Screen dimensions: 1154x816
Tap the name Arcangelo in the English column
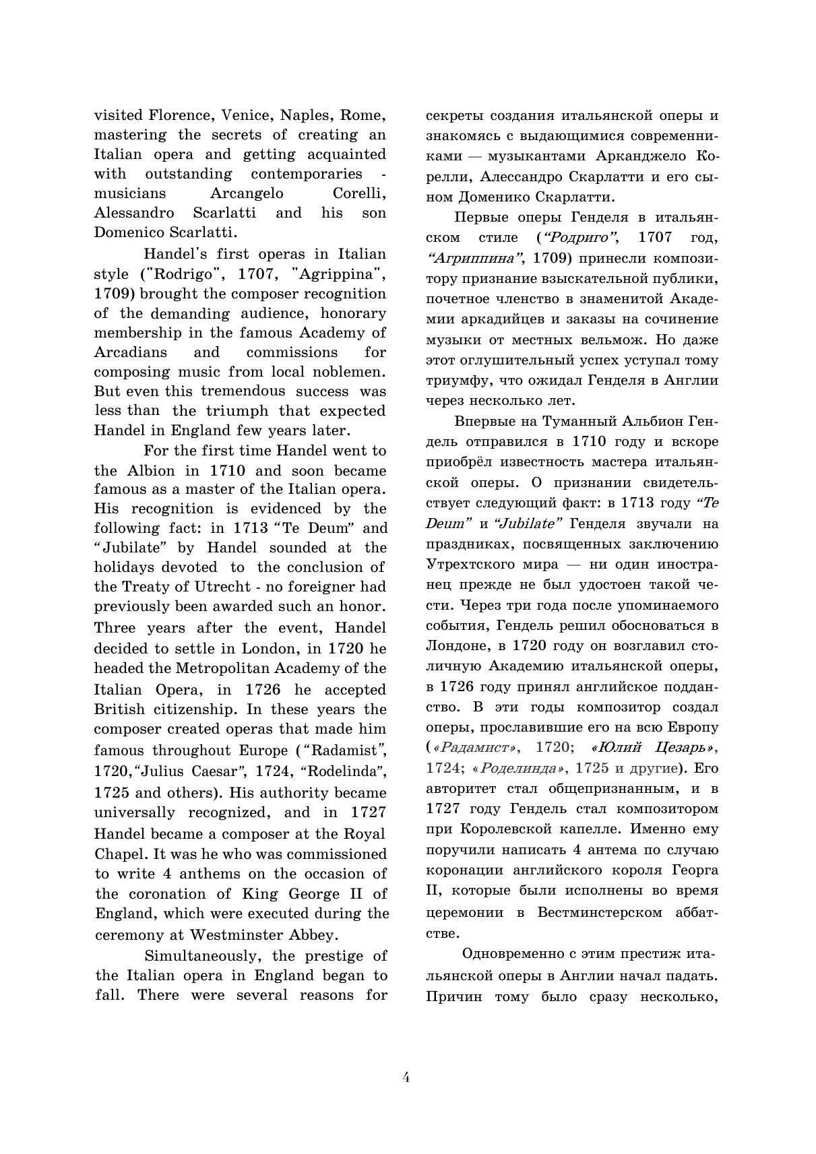click(x=247, y=194)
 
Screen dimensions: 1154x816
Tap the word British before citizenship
click(x=119, y=709)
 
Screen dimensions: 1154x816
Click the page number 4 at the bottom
click(x=406, y=1077)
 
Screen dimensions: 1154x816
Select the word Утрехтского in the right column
click(x=480, y=564)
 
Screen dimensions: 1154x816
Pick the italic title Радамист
click(x=476, y=748)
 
